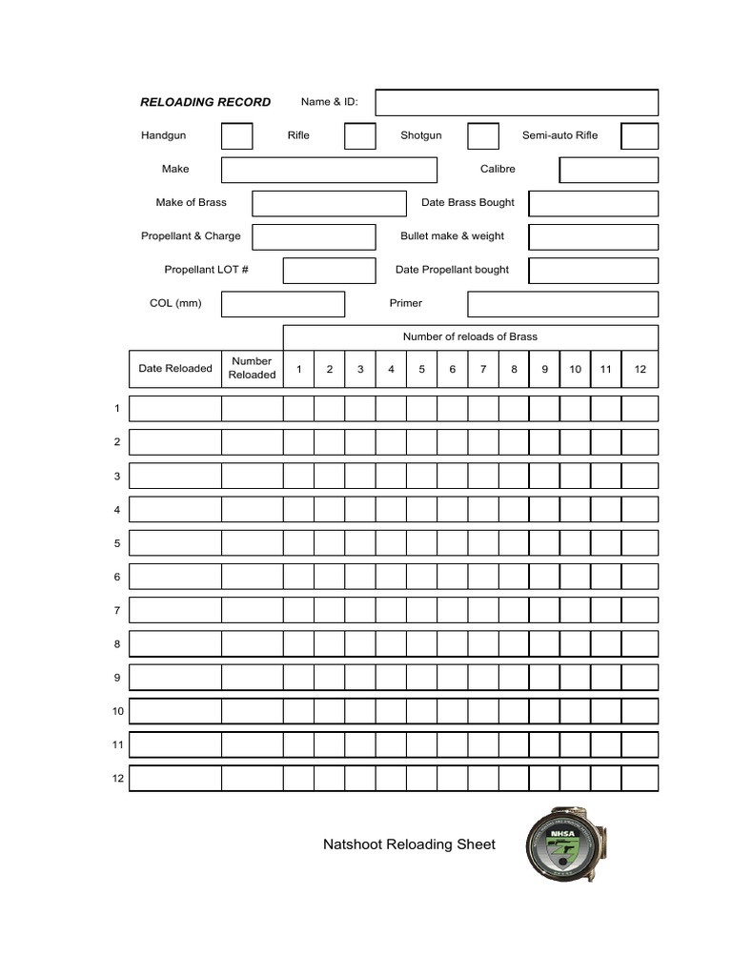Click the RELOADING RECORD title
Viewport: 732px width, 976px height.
pyautogui.click(x=205, y=102)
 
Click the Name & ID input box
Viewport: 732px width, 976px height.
pyautogui.click(x=517, y=102)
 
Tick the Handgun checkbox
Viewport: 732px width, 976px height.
pyautogui.click(x=236, y=136)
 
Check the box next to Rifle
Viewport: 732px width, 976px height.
pyautogui.click(x=359, y=136)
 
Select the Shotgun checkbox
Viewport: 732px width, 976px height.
pyautogui.click(x=482, y=136)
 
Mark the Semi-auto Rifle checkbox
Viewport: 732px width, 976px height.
pyautogui.click(x=640, y=136)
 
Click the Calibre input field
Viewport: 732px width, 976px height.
pyautogui.click(x=608, y=170)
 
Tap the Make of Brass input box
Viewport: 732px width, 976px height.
pyautogui.click(x=329, y=203)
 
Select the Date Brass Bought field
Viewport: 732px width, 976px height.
pyautogui.click(x=593, y=203)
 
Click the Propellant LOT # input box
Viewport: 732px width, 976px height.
pyautogui.click(x=329, y=270)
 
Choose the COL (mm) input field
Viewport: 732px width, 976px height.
pyautogui.click(x=282, y=304)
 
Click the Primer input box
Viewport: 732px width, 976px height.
pyautogui.click(x=562, y=304)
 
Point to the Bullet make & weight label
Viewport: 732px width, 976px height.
pyautogui.click(x=452, y=236)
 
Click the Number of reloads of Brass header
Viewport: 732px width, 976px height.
pyautogui.click(x=470, y=336)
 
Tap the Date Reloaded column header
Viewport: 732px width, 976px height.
pyautogui.click(x=175, y=369)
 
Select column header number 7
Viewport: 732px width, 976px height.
pyautogui.click(x=483, y=369)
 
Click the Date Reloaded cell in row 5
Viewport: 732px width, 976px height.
pyautogui.click(x=175, y=543)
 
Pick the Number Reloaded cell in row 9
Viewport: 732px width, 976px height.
pyautogui.click(x=252, y=678)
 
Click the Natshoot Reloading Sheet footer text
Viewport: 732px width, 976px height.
pyautogui.click(x=409, y=844)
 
